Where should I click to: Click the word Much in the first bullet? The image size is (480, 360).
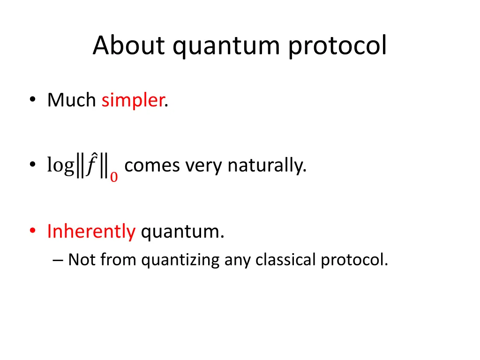point(71,100)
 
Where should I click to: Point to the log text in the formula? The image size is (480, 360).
point(60,166)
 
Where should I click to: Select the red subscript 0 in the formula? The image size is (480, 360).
point(114,177)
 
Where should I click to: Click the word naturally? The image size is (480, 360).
point(267,165)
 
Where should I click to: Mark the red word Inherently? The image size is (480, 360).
point(91,232)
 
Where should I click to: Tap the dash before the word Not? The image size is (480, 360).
point(59,260)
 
